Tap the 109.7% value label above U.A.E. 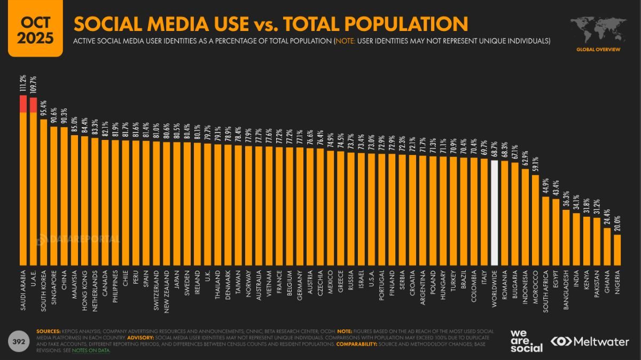pos(34,85)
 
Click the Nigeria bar pos(617,249)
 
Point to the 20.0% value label pos(617,222)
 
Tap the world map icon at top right pos(598,30)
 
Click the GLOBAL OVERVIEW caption pos(598,50)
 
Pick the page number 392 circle pos(18,341)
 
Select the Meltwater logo pos(590,341)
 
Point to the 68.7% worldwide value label pos(495,148)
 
